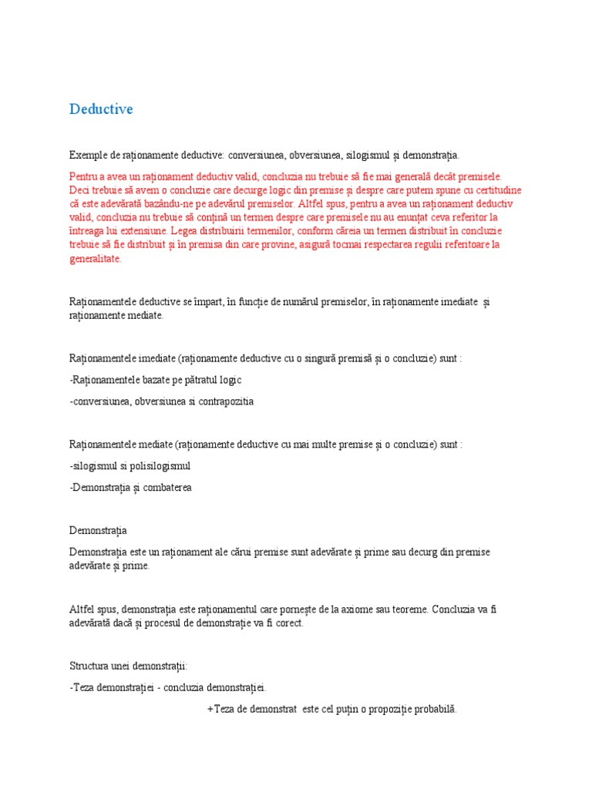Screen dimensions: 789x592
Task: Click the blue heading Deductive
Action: click(101, 109)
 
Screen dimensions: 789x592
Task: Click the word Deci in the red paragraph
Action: click(79, 190)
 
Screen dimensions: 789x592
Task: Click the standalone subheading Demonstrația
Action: click(99, 531)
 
